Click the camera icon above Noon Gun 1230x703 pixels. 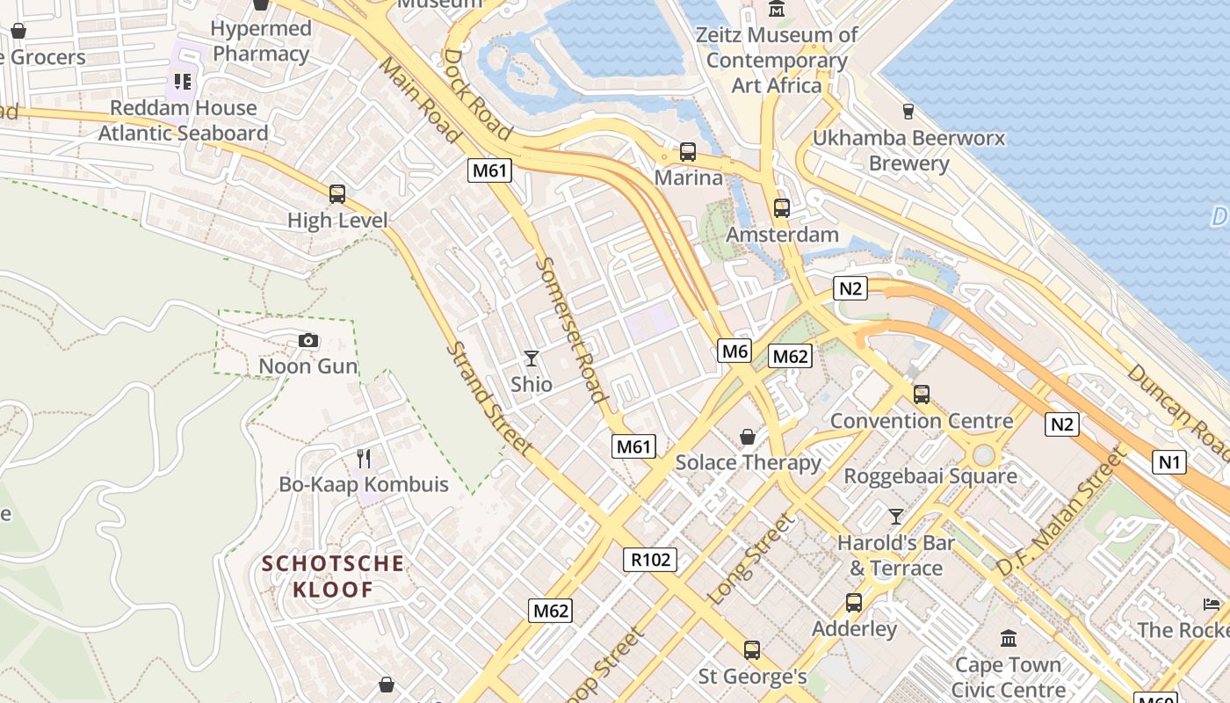point(308,340)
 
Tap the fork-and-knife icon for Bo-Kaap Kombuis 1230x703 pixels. point(364,458)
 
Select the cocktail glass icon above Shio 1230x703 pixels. point(531,358)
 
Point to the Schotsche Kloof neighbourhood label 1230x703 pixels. point(333,576)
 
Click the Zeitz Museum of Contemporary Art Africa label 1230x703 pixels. point(776,60)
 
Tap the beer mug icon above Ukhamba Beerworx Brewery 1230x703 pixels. point(908,112)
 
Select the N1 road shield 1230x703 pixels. point(1168,461)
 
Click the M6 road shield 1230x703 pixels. point(734,351)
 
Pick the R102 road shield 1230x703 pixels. point(650,560)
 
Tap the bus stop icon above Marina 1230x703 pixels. point(688,151)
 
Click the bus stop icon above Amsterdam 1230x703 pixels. point(782,208)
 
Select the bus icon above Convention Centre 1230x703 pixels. point(921,395)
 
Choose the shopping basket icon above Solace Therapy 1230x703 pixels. point(747,437)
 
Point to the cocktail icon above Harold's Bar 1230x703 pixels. point(895,516)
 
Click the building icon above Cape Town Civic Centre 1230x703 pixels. point(1008,638)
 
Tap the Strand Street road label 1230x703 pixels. point(488,398)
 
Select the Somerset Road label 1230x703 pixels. point(571,330)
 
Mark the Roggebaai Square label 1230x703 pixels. point(930,476)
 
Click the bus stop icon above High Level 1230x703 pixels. point(336,194)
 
